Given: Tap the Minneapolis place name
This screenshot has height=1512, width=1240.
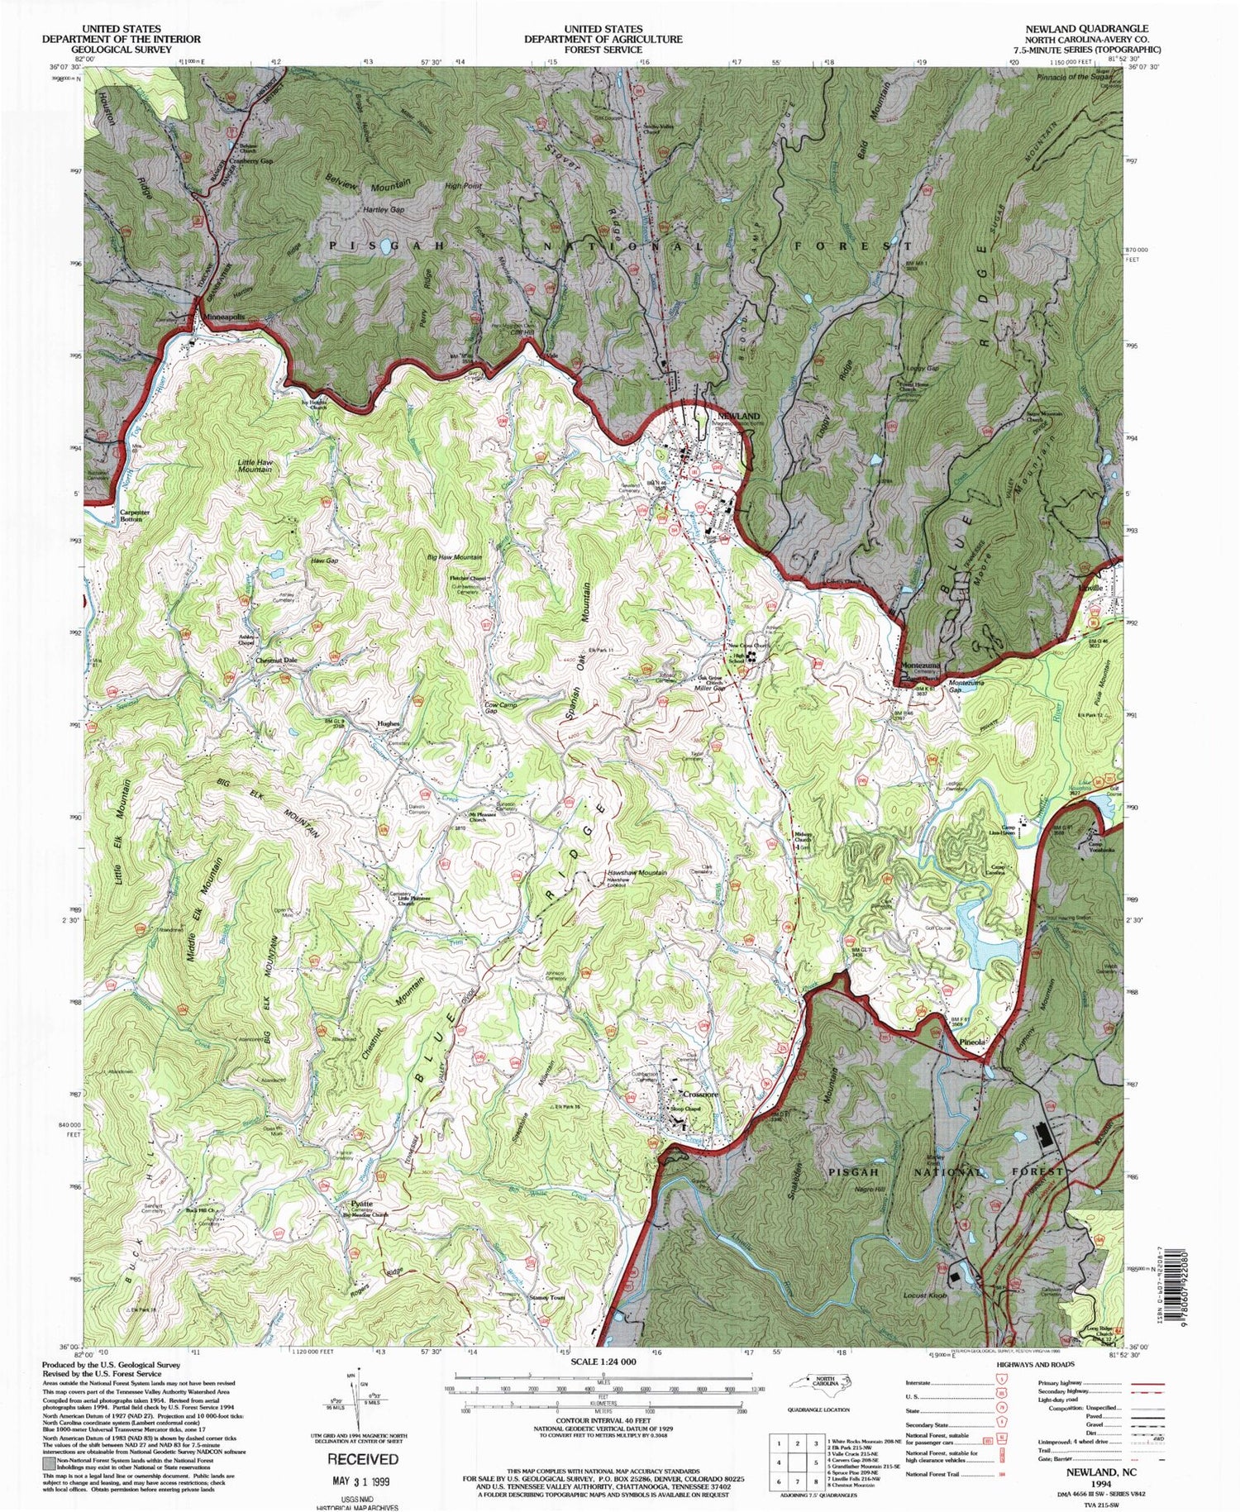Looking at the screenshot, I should coord(225,317).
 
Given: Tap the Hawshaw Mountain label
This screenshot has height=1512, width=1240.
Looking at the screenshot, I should coord(637,873).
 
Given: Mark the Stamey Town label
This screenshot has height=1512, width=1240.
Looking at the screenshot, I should coord(546,1297).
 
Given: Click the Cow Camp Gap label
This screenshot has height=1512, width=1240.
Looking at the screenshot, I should coord(501,708).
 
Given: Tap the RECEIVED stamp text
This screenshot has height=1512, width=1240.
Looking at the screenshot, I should coord(362,1458).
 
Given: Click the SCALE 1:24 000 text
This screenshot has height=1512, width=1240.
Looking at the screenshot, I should coord(601,1361).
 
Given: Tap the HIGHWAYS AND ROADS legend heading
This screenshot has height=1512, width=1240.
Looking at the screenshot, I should coord(1035,1365).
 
